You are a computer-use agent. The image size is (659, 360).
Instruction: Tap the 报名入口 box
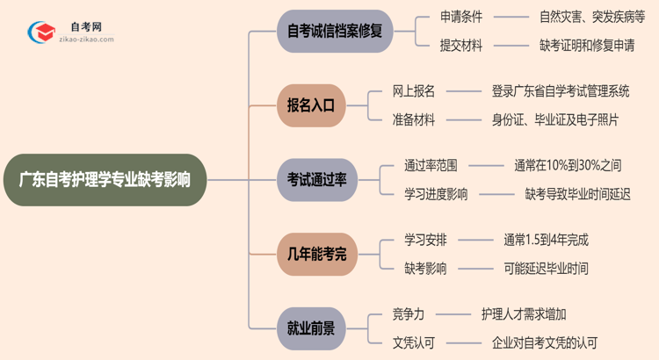(x=310, y=105)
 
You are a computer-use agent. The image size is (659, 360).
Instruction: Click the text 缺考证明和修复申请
(x=588, y=46)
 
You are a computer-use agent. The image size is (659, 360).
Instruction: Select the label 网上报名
(x=413, y=91)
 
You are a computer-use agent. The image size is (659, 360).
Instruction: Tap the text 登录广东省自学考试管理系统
(x=561, y=91)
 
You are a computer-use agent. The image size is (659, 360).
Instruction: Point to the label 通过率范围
(x=431, y=165)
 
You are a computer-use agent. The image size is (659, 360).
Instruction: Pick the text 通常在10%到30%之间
(x=568, y=165)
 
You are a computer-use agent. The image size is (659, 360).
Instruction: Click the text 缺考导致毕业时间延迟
(x=577, y=194)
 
